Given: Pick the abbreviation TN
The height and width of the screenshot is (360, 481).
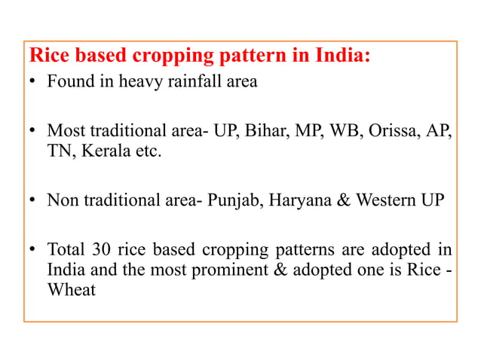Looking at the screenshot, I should pyautogui.click(x=59, y=151).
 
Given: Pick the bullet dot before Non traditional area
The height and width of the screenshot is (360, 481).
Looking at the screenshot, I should pyautogui.click(x=34, y=201).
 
